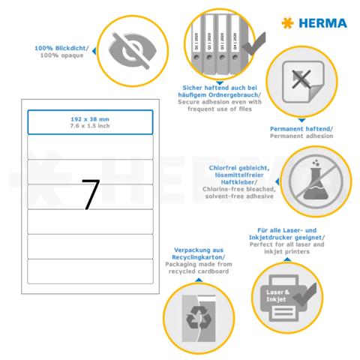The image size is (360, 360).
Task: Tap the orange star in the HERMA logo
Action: [x=287, y=23]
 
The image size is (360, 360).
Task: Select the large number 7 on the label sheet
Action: [x=90, y=194]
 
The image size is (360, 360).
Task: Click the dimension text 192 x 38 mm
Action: [x=90, y=118]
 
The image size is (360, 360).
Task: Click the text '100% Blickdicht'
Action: [x=61, y=49]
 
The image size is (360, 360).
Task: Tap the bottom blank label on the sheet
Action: [x=90, y=271]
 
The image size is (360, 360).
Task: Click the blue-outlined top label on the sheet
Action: [x=90, y=122]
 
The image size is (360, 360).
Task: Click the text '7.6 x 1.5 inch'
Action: [x=90, y=127]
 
